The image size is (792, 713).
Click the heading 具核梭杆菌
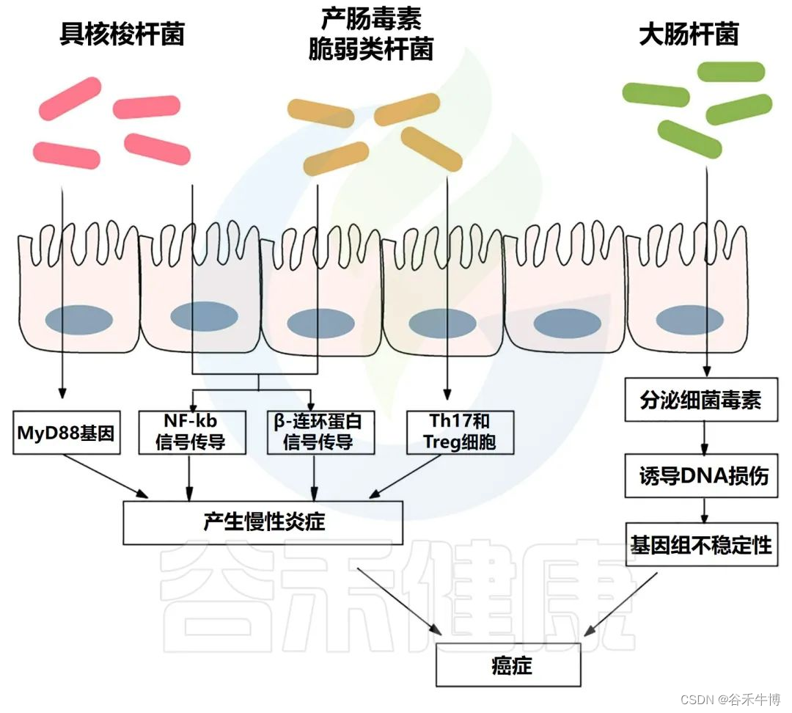(x=122, y=35)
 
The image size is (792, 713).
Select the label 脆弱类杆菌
(x=371, y=50)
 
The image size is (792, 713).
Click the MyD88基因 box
(x=65, y=433)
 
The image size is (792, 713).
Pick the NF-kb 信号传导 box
(x=191, y=432)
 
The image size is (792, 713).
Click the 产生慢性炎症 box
(x=264, y=522)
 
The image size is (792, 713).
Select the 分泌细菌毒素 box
(x=700, y=400)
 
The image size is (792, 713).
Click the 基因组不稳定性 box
(x=701, y=544)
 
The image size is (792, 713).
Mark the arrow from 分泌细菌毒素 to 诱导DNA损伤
(x=705, y=438)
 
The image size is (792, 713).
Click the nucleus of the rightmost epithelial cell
(x=689, y=321)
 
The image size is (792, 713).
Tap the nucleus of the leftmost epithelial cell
(x=79, y=321)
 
